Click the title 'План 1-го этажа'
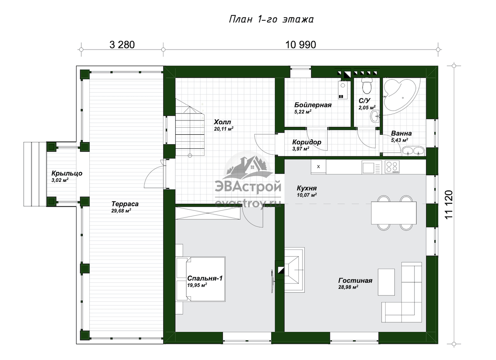[x=271, y=19]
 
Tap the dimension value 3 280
[x=122, y=45]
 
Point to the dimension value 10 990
[x=300, y=45]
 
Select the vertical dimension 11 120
[x=448, y=205]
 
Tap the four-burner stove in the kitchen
[x=392, y=167]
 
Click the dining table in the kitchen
[x=393, y=213]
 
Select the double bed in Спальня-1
[x=200, y=279]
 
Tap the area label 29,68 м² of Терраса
[x=121, y=211]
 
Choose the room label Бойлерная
[x=312, y=105]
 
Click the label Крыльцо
[x=67, y=173]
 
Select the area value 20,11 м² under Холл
[x=224, y=129]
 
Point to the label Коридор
[x=307, y=142]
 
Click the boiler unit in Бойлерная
[x=342, y=90]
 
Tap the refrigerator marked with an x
[x=318, y=167]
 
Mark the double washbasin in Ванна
[x=413, y=151]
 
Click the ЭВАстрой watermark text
[x=248, y=186]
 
